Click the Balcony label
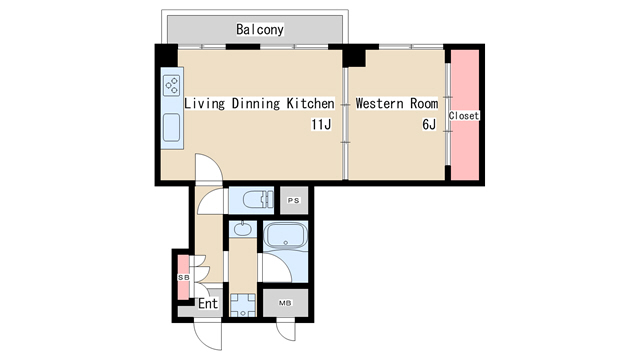(x=260, y=29)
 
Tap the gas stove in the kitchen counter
(x=171, y=86)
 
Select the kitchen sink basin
(x=171, y=127)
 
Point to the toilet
(x=258, y=200)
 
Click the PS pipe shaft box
(x=294, y=200)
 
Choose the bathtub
(x=285, y=236)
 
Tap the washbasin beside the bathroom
(x=242, y=229)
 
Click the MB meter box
(x=285, y=303)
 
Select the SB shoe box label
(x=184, y=278)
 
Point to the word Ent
(x=208, y=304)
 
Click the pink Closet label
(x=464, y=116)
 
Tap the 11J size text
(x=321, y=124)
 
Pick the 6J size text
(x=429, y=124)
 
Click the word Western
(x=381, y=103)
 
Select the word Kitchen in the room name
(x=310, y=103)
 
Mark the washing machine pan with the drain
(x=243, y=305)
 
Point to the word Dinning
(x=256, y=104)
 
